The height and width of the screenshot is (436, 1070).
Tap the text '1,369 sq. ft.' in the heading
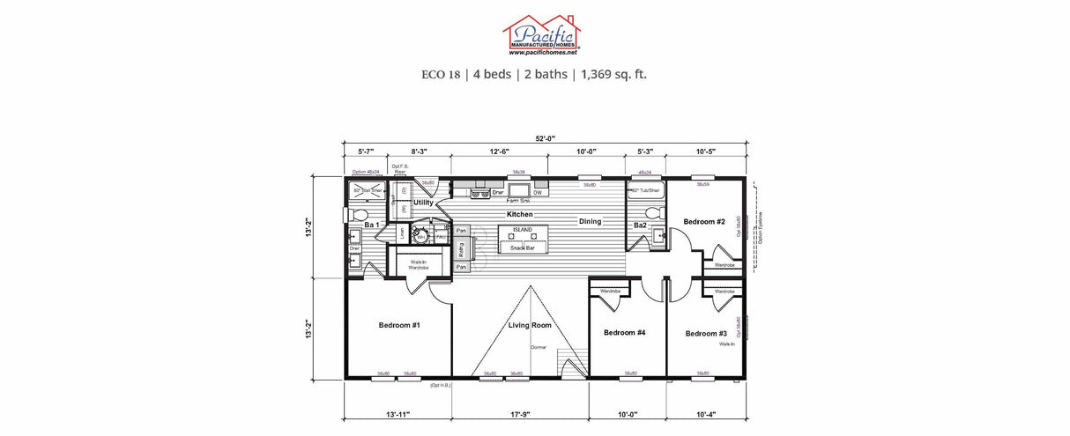[613, 74]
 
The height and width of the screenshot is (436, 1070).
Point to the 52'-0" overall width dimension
[545, 138]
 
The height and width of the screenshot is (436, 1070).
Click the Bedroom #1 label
[399, 325]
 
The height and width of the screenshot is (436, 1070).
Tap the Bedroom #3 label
[706, 333]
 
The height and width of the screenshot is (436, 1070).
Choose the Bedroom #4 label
[625, 332]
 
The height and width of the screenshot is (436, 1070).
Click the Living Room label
[530, 326]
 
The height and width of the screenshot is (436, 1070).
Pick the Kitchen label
[519, 214]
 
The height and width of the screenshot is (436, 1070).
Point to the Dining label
[590, 221]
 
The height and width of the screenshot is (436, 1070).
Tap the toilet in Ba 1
[359, 214]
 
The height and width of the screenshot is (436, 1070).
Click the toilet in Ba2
[653, 213]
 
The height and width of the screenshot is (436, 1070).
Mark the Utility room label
[424, 203]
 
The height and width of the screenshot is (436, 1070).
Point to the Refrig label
[461, 249]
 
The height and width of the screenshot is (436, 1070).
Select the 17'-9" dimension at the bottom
[520, 413]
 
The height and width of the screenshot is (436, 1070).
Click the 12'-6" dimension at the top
[499, 151]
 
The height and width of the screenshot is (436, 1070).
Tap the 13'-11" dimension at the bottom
[398, 413]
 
